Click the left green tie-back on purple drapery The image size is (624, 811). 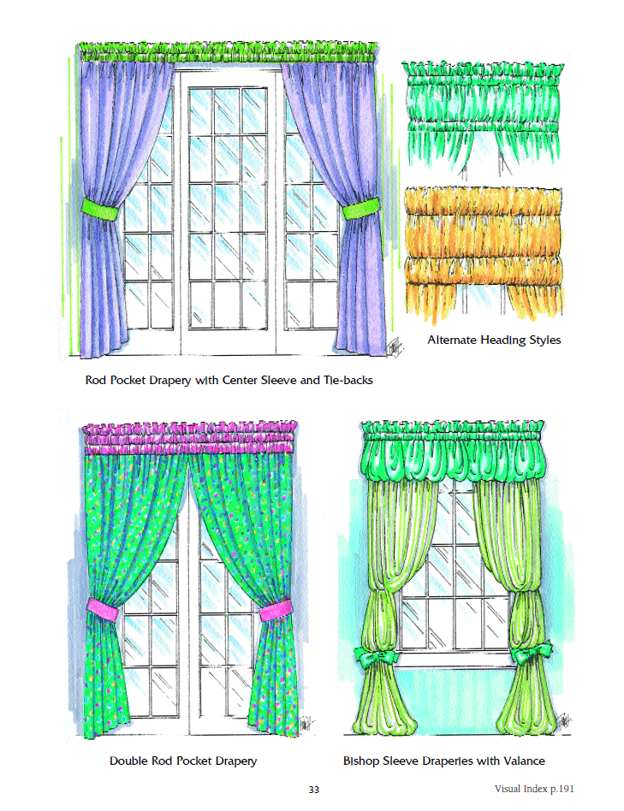pos(100,210)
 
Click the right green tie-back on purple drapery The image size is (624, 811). pos(360,210)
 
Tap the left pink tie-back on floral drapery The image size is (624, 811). pos(103,609)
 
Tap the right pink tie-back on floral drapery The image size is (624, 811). pos(274,610)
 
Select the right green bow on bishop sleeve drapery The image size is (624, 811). pos(531,654)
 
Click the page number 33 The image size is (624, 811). pos(313,790)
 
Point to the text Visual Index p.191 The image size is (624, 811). pos(534,789)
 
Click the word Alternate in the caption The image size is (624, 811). pos(452,340)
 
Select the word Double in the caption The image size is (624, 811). pos(128,761)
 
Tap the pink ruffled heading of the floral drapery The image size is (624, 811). pos(190,437)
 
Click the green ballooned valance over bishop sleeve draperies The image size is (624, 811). pos(454,450)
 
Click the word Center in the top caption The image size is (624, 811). pos(240,380)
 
